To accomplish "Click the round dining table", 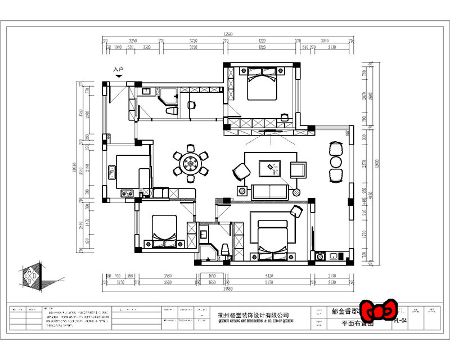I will point(190,164).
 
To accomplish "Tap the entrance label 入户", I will point(118,70).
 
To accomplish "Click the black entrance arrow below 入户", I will point(119,76).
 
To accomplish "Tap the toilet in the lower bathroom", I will point(224,249).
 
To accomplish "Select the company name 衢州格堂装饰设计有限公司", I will point(253,316).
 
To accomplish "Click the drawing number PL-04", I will point(400,321).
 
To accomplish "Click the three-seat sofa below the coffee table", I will point(270,191).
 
